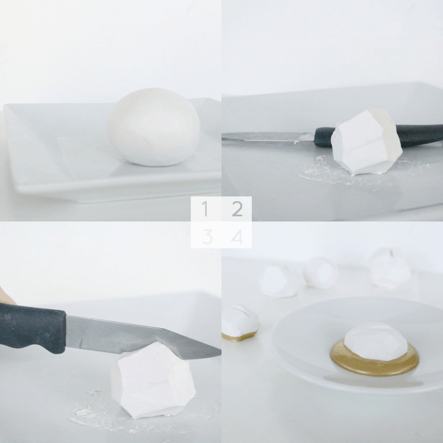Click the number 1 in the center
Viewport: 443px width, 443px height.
point(205,209)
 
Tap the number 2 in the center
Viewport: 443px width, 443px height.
point(238,209)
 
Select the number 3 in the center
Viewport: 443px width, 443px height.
point(208,237)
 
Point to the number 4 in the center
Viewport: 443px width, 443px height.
point(237,237)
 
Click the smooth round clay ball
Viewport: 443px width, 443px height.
point(154,127)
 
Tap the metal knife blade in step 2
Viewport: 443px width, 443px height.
point(268,137)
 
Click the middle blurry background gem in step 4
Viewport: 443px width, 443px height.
point(321,273)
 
